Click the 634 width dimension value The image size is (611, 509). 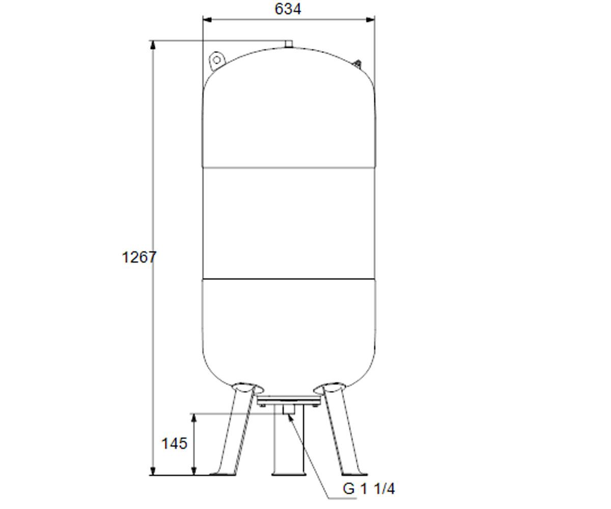click(x=288, y=9)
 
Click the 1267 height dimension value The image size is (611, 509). click(x=138, y=258)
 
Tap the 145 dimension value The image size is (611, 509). click(x=175, y=443)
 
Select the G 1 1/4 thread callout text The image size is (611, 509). click(x=369, y=489)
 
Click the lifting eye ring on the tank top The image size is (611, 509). click(x=217, y=60)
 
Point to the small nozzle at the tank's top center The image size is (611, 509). click(x=289, y=44)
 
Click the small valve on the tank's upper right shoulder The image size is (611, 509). click(x=357, y=64)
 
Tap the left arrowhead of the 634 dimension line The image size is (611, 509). click(x=207, y=20)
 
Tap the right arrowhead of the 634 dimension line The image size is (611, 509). click(x=371, y=20)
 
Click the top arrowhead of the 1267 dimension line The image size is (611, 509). click(x=153, y=45)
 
